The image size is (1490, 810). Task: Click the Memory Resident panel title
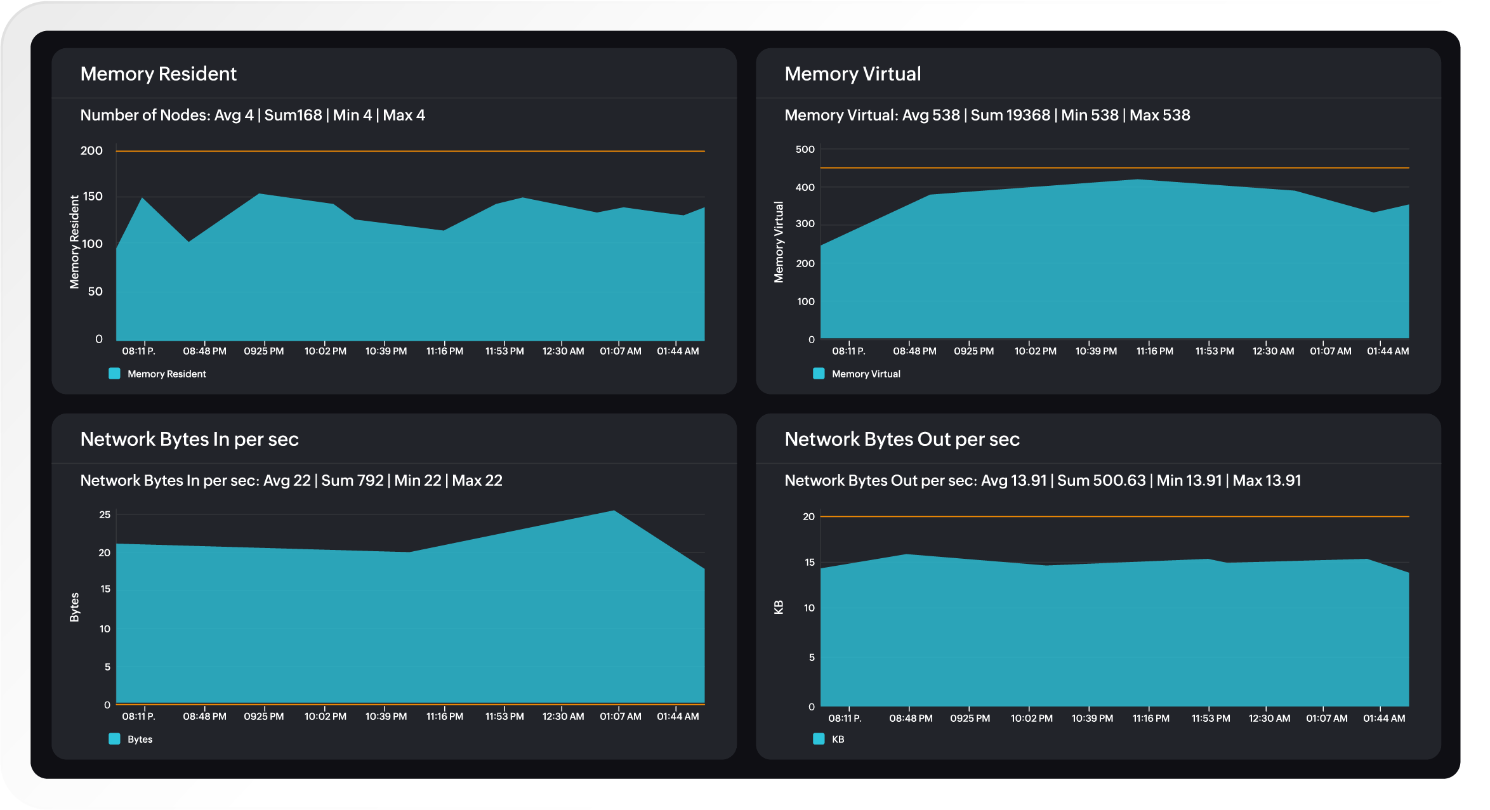point(158,74)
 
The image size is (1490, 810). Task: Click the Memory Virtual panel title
point(852,74)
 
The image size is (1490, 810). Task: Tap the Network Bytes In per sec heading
point(189,439)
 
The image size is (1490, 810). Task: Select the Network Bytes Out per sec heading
point(902,439)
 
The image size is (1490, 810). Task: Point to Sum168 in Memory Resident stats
point(293,115)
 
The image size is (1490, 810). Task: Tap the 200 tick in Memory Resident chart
point(91,150)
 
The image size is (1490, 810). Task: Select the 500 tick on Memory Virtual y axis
point(805,149)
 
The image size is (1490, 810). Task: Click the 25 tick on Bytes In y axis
point(105,514)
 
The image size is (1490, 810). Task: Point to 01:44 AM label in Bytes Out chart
point(1384,718)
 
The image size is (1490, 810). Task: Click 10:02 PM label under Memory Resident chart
point(325,351)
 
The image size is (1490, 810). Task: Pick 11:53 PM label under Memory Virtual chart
point(1214,351)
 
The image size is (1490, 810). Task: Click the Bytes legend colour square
point(114,739)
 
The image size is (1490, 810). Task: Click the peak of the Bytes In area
point(614,511)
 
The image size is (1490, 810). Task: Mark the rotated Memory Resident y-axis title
point(74,242)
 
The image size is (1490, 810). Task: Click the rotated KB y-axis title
point(779,607)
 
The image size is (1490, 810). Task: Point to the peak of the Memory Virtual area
point(1137,180)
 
